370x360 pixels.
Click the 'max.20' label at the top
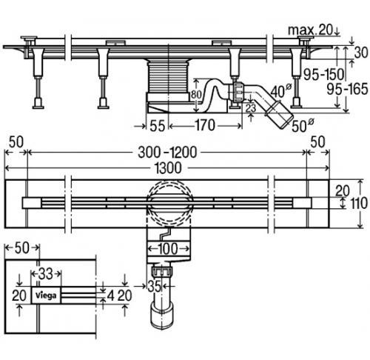point(310,30)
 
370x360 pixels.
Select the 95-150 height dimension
point(323,74)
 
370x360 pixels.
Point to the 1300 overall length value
point(168,168)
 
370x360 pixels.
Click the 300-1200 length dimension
point(167,153)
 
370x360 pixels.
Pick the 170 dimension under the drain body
point(205,125)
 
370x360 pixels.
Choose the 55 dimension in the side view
point(158,126)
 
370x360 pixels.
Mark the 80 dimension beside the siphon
point(196,95)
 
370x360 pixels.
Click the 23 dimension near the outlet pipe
point(251,108)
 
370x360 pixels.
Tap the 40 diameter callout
point(281,91)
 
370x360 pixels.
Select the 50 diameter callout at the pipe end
point(303,126)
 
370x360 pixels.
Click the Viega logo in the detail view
point(46,296)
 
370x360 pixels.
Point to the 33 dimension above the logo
point(46,274)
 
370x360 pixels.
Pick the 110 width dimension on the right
point(358,204)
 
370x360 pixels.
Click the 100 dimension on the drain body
point(168,249)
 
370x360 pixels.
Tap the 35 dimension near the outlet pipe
point(155,287)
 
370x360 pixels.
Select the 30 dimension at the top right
point(361,53)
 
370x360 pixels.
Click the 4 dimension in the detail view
point(111,296)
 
